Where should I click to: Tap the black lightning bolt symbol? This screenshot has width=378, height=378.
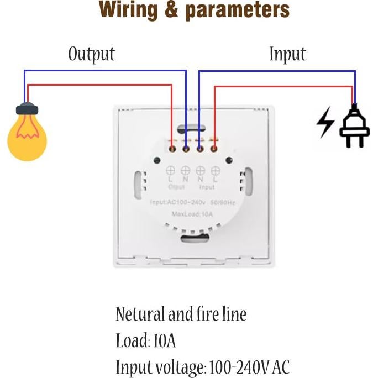325,122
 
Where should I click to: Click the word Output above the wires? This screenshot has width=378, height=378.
91,54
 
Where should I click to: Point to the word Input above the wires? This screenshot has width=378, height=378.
287,54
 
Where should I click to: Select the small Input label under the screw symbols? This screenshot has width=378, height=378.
207,187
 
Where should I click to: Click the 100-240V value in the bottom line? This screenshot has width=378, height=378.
239,367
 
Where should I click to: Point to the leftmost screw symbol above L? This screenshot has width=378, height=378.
171,170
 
